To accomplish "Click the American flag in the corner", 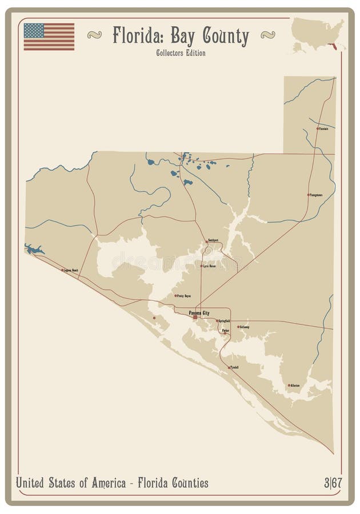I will (x=49, y=37).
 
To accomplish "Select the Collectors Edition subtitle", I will (x=180, y=53).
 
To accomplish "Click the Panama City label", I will (x=199, y=312).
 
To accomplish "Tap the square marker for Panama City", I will (x=195, y=317).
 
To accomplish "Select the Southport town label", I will (x=213, y=241).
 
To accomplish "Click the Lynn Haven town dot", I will (x=201, y=266).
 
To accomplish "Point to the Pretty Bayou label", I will (x=184, y=296).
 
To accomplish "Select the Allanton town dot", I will (x=289, y=385).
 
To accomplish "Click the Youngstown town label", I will (x=315, y=195).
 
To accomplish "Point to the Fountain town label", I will (x=324, y=128).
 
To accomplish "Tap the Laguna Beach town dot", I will (x=62, y=270).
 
